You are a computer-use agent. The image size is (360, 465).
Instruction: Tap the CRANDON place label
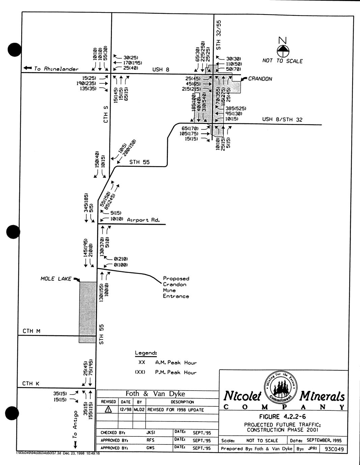click(260, 79)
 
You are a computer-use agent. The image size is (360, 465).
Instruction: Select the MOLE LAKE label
click(56, 279)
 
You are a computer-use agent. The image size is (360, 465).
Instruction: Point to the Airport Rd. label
click(143, 220)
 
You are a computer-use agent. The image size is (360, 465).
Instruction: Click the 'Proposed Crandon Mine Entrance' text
click(176, 287)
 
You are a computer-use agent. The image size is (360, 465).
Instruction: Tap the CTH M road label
click(31, 331)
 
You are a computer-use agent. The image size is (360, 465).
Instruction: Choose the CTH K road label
click(31, 383)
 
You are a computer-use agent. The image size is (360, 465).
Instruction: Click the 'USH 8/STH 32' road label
click(282, 119)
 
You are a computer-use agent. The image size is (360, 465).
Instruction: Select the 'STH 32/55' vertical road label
click(219, 35)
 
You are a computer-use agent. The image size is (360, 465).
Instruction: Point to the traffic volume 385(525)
click(236, 108)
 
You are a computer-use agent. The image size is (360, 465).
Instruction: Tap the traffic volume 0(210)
click(121, 259)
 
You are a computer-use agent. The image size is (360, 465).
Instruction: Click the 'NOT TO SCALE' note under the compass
click(282, 61)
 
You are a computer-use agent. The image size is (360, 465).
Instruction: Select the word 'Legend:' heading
click(146, 353)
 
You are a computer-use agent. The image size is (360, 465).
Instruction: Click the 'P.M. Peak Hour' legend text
click(176, 372)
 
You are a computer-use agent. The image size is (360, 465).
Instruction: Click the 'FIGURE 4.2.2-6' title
click(282, 417)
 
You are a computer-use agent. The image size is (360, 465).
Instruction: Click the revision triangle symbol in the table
click(108, 409)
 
